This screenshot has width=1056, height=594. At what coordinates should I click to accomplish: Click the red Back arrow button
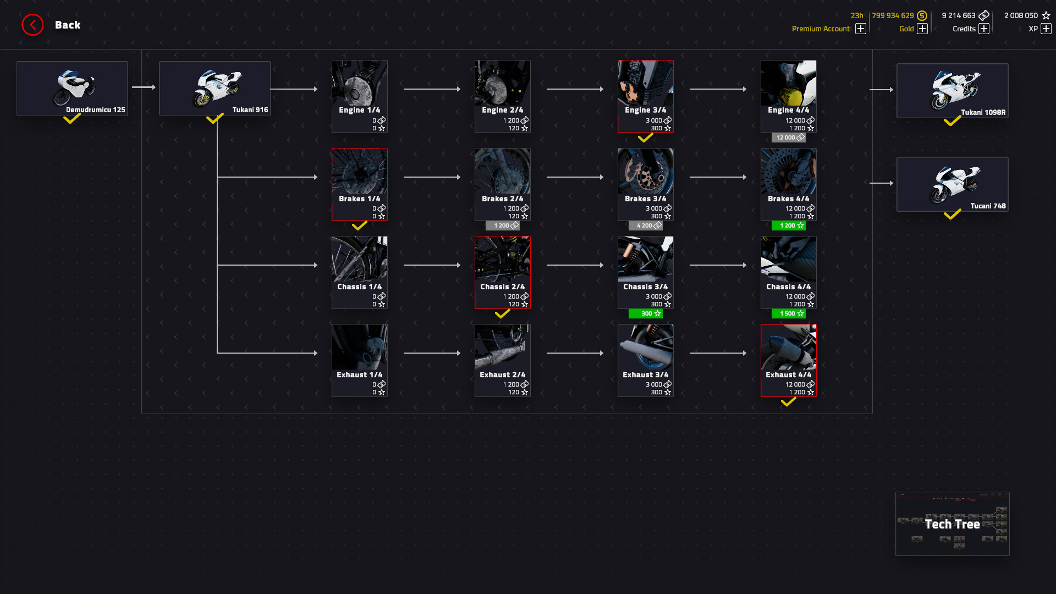click(32, 25)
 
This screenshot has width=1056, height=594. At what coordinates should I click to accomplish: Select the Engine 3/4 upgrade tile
click(645, 96)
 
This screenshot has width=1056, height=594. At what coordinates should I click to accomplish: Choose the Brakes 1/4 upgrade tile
click(359, 184)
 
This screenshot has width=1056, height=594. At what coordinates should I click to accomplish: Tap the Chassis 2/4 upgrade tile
click(502, 272)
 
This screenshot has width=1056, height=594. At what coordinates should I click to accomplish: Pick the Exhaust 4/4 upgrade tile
click(788, 360)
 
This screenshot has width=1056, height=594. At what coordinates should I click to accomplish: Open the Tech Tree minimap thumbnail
click(952, 524)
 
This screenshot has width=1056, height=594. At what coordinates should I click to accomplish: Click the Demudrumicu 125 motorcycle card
click(72, 88)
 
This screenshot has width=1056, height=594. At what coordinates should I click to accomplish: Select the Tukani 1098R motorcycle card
click(952, 91)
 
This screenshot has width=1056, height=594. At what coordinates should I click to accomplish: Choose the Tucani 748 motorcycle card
click(952, 184)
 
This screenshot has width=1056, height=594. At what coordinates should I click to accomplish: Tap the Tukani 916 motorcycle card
click(215, 88)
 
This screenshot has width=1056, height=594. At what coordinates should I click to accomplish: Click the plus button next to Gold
click(922, 29)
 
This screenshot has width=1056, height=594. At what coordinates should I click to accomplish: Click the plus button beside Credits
click(984, 29)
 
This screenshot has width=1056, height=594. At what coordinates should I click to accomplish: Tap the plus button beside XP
click(1046, 29)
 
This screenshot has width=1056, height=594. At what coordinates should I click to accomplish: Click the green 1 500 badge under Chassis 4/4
click(788, 313)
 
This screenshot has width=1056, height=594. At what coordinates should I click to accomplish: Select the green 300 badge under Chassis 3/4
click(645, 313)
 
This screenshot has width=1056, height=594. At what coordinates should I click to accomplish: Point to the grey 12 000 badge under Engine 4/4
click(788, 137)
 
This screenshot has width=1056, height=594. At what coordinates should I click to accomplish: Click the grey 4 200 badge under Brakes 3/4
click(645, 226)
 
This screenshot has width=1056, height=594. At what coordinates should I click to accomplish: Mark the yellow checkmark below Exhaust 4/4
click(788, 402)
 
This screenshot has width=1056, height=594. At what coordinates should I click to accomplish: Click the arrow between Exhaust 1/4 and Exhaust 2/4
click(432, 353)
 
